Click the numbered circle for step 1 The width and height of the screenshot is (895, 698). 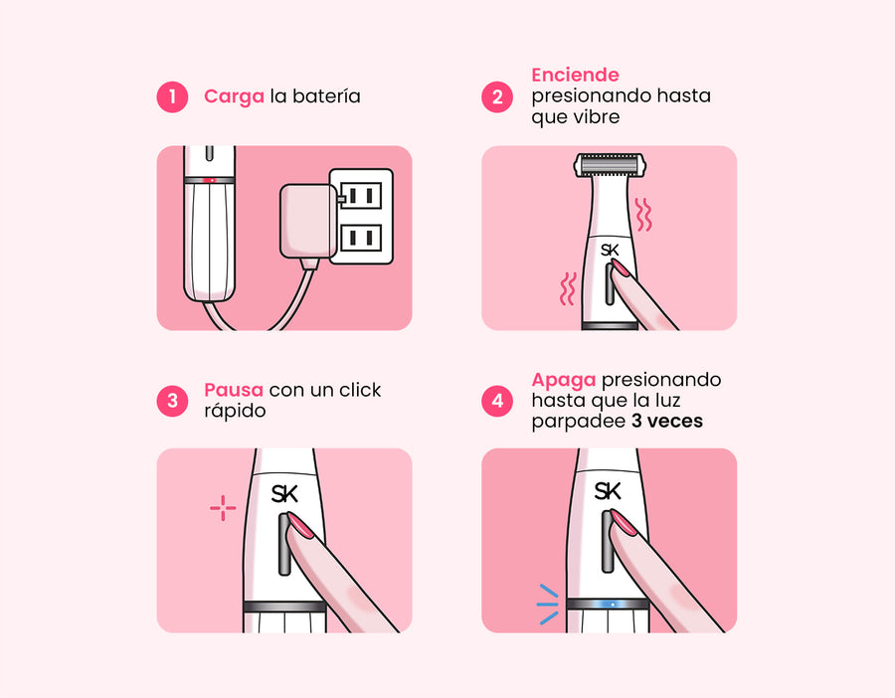pyautogui.click(x=172, y=97)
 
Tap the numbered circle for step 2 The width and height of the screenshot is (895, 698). pyautogui.click(x=497, y=97)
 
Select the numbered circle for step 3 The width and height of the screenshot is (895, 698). pyautogui.click(x=172, y=401)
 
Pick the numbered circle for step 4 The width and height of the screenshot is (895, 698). pyautogui.click(x=497, y=401)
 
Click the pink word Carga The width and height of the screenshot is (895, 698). pyautogui.click(x=234, y=96)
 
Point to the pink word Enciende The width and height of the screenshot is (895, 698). pyautogui.click(x=576, y=75)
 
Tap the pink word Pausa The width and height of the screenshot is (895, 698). pyautogui.click(x=234, y=390)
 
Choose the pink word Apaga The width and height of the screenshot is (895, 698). pyautogui.click(x=564, y=380)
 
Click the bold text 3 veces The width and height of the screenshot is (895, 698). pyautogui.click(x=666, y=422)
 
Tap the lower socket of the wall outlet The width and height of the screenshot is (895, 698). pyautogui.click(x=361, y=238)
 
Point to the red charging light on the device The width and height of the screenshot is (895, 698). pyautogui.click(x=209, y=180)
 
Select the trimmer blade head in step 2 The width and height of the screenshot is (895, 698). pyautogui.click(x=610, y=165)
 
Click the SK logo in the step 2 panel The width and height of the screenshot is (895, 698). pyautogui.click(x=610, y=250)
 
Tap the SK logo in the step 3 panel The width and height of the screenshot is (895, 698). pyautogui.click(x=284, y=494)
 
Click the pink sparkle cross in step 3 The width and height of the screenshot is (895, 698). pyautogui.click(x=223, y=507)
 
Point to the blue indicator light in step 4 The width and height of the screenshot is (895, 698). pyautogui.click(x=612, y=604)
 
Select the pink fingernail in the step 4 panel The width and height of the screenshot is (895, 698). pyautogui.click(x=624, y=522)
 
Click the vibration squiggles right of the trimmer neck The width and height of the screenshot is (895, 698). pyautogui.click(x=643, y=215)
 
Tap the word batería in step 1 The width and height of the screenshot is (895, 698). pyautogui.click(x=326, y=95)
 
